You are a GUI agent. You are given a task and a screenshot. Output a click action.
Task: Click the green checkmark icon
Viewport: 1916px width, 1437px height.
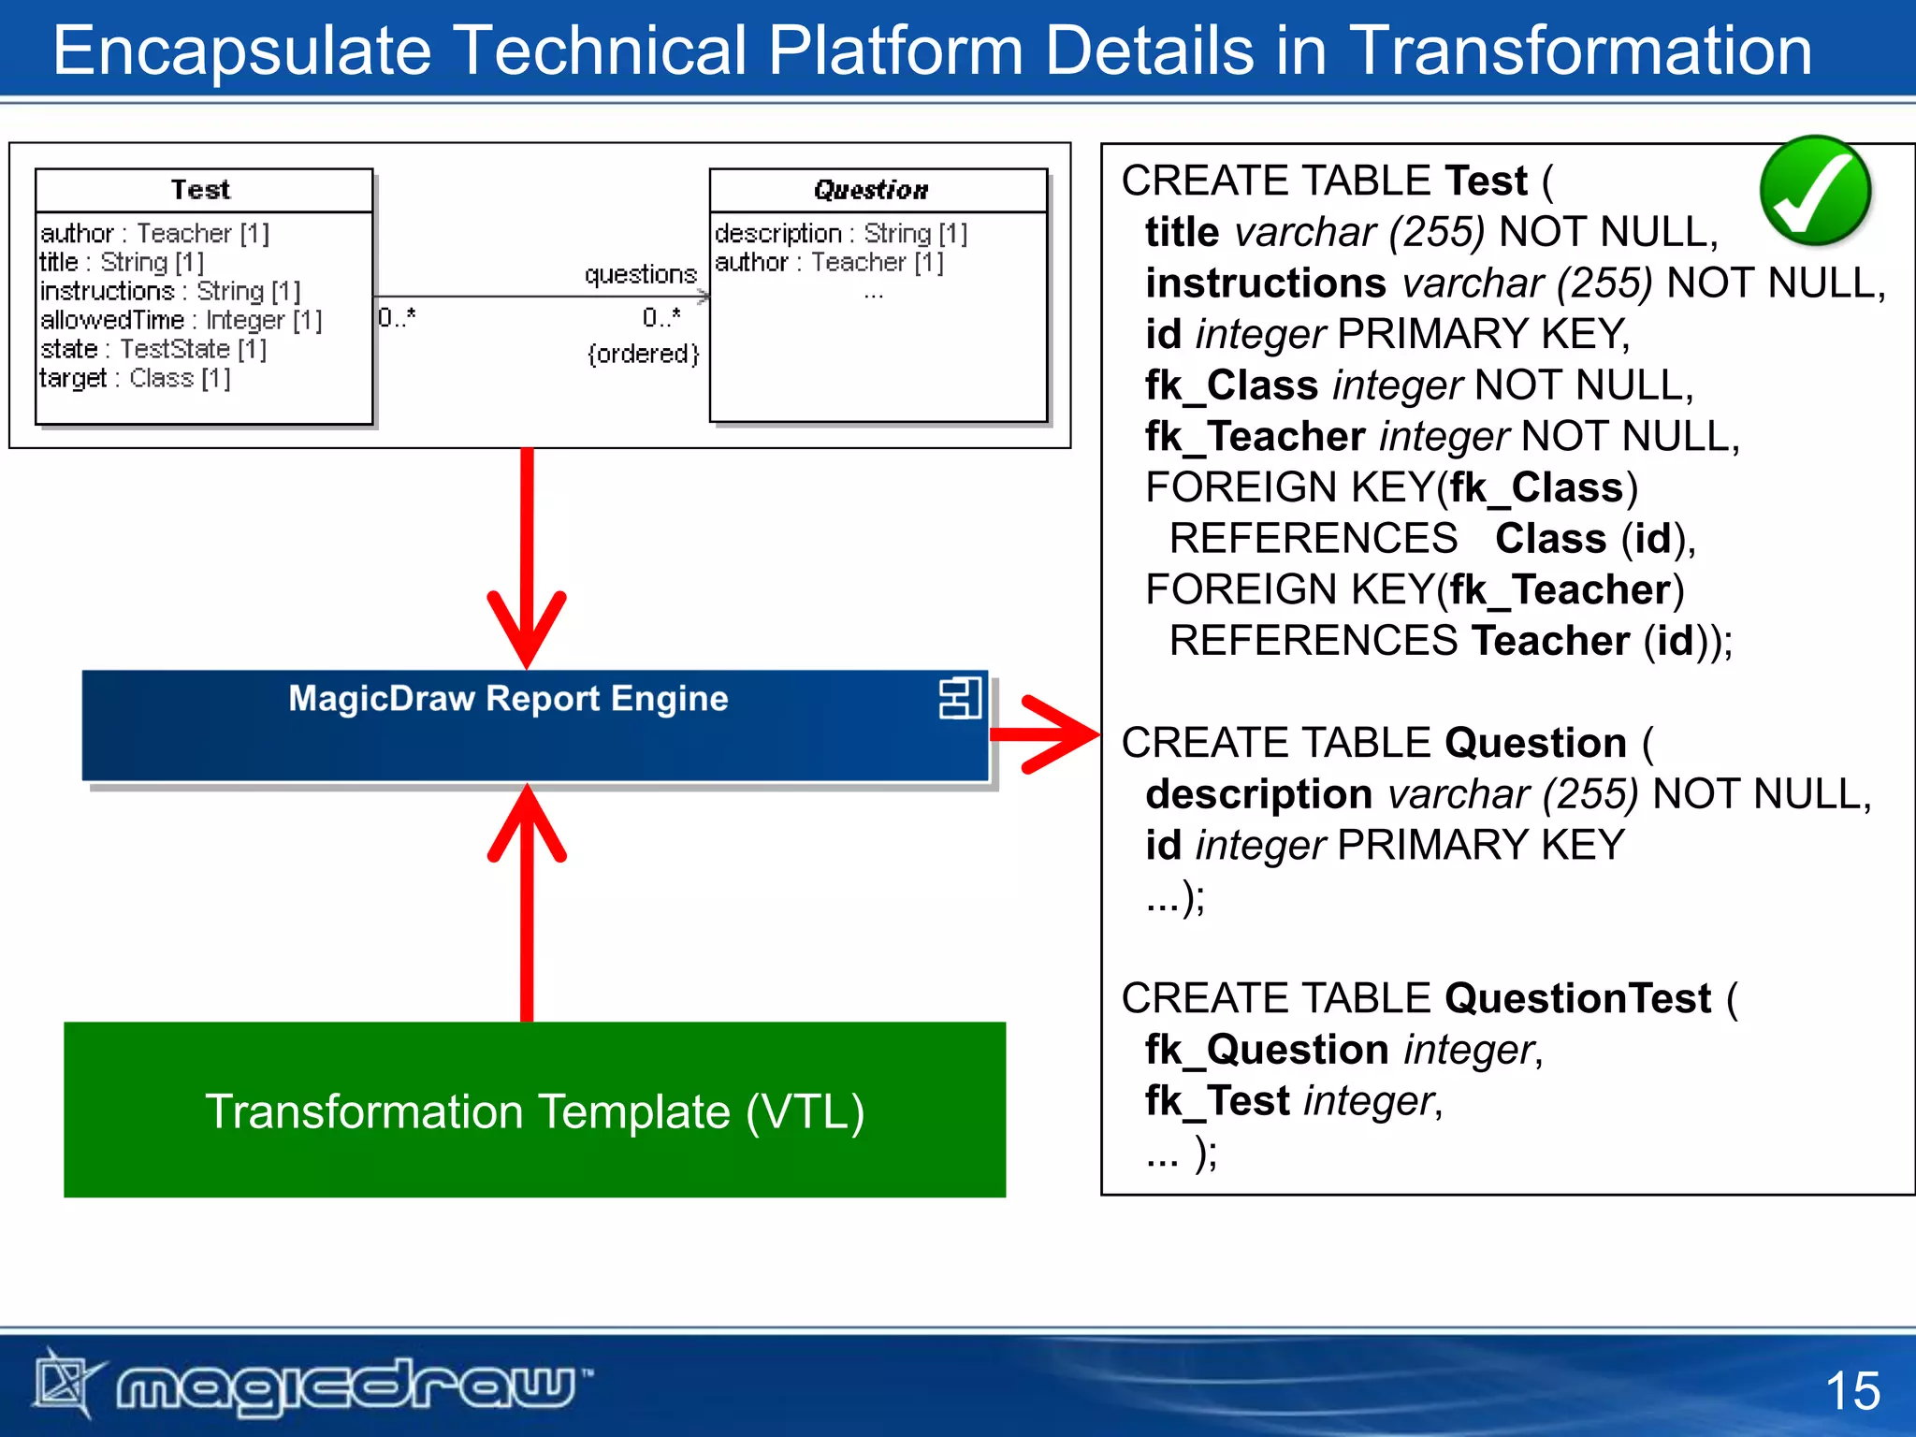point(1814,191)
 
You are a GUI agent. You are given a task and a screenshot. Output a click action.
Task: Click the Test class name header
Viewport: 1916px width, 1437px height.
point(200,190)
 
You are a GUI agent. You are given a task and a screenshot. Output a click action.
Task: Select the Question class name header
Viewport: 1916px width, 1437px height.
point(871,190)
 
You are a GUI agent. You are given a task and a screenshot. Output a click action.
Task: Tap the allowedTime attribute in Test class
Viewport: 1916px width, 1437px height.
point(181,320)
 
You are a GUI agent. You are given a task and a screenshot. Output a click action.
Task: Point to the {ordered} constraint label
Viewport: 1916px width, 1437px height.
point(643,354)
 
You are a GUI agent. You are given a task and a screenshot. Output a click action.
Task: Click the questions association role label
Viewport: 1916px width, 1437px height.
point(640,274)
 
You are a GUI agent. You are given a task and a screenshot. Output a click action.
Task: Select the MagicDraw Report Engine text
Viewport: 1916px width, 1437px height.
point(508,699)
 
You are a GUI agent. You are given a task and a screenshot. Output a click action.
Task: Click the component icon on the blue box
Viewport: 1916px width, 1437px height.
point(960,699)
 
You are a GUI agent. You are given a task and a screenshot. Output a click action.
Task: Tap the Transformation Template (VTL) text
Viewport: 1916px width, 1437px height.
point(534,1111)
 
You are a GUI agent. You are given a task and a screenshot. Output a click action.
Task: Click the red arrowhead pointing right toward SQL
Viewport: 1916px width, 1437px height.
point(1062,734)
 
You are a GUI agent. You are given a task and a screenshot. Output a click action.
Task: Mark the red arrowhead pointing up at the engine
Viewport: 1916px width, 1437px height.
point(527,823)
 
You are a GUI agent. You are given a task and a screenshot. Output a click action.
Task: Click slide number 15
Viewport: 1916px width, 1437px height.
point(1851,1391)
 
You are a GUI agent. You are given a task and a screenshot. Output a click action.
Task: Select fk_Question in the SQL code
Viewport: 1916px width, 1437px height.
point(1266,1050)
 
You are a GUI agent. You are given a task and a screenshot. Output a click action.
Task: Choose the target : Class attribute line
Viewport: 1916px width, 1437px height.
point(135,378)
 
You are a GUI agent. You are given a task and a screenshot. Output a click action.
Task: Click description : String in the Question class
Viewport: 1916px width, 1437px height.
point(840,233)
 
